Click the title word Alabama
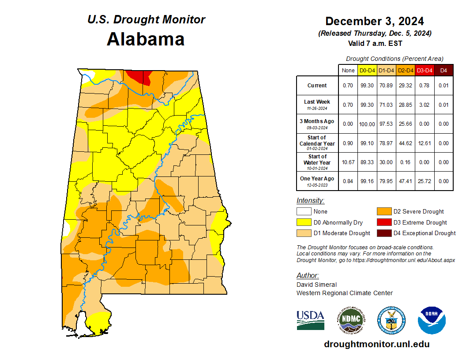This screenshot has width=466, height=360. click(146, 39)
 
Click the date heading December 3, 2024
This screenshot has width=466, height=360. click(375, 21)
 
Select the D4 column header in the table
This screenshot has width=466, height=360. click(443, 70)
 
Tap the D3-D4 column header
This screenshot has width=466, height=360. click(425, 70)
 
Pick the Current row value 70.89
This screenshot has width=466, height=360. click(386, 86)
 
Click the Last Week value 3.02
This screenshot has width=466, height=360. click(425, 105)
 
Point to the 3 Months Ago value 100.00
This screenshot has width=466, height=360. click(367, 124)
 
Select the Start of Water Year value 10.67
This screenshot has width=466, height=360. click(348, 162)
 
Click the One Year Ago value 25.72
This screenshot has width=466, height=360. click(425, 181)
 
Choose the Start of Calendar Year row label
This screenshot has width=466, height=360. click(317, 143)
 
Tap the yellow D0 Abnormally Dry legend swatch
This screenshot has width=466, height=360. click(304, 222)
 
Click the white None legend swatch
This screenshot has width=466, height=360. click(304, 212)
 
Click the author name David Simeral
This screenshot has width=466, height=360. click(316, 285)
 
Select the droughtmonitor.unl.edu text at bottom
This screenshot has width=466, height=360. click(376, 344)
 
